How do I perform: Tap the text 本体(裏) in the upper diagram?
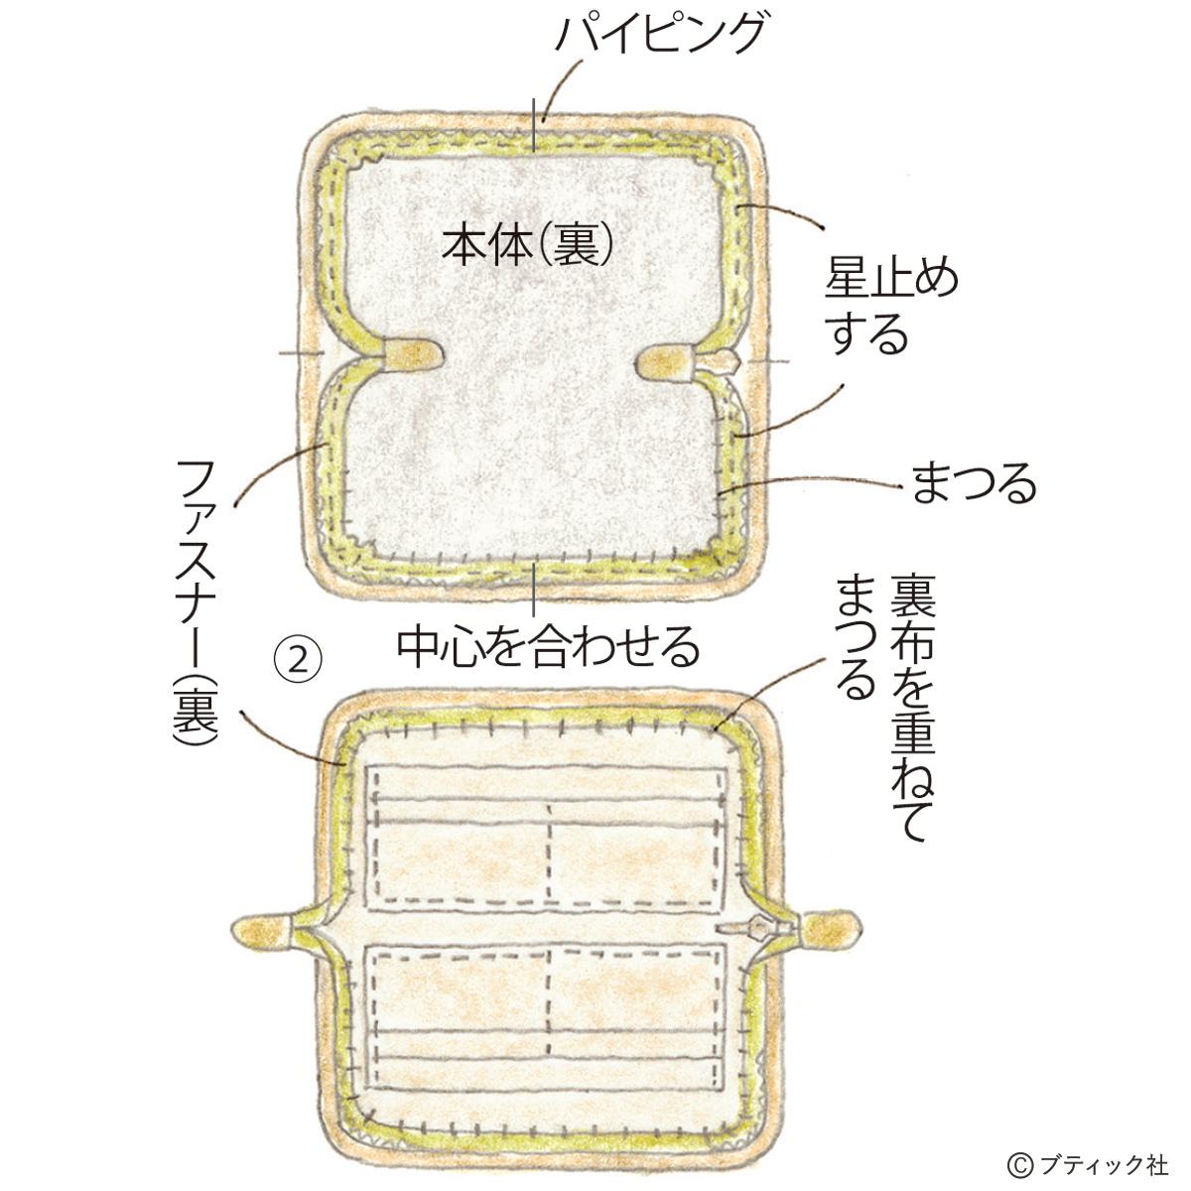tap(526, 241)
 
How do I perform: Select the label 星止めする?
tap(891, 308)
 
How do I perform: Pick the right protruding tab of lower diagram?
tap(832, 930)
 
